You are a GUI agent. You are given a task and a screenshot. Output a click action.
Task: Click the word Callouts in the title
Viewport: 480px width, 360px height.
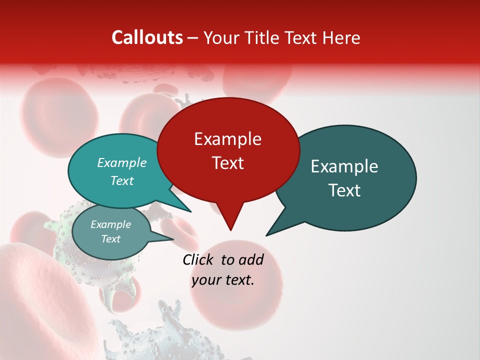click(147, 37)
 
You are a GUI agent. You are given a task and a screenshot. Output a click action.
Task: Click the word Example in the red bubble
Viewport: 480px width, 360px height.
click(227, 139)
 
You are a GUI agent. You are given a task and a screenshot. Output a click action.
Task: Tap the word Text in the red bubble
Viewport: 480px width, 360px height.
click(227, 163)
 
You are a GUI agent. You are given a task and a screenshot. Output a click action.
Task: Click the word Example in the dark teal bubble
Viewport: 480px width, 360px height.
click(344, 166)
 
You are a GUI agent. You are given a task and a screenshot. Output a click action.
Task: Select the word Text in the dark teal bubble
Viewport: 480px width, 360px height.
click(344, 190)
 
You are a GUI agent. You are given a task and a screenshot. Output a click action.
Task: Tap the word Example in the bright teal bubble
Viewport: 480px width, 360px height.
click(121, 162)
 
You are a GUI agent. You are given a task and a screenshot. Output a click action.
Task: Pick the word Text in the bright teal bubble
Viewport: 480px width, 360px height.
click(121, 180)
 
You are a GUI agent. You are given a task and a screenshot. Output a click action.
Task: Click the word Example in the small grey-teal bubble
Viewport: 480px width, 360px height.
click(110, 224)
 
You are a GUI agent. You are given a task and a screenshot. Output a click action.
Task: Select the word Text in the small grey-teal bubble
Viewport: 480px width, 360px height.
click(110, 239)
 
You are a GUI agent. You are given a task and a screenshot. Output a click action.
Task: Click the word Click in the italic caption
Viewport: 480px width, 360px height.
click(198, 259)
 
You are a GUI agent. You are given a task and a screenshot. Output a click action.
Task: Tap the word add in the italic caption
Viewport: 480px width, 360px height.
click(251, 259)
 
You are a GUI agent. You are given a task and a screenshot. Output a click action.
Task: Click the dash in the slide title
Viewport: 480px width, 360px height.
click(193, 38)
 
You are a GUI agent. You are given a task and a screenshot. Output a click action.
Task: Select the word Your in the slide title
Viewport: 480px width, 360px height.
click(220, 37)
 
